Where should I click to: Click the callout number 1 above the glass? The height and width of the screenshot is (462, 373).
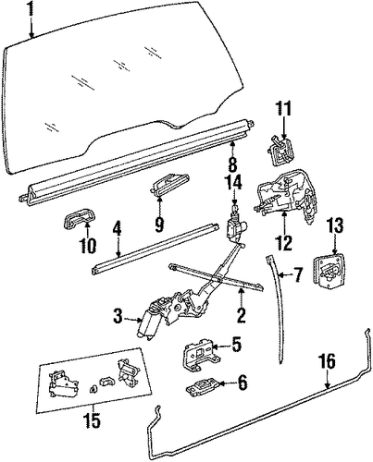pos(31,12)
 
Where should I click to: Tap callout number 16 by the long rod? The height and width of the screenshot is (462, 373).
pos(328,361)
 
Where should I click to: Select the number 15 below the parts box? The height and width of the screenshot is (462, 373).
pos(92,420)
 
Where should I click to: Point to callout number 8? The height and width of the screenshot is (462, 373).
pos(232,164)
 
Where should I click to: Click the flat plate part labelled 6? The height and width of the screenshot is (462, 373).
pos(203,386)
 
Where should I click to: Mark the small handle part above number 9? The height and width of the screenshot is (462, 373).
pos(170,184)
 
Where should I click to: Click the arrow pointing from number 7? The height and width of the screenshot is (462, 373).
pos(284,274)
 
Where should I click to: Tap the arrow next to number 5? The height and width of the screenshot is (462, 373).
pos(220,347)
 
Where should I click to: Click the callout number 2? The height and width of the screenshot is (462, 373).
pos(241,314)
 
